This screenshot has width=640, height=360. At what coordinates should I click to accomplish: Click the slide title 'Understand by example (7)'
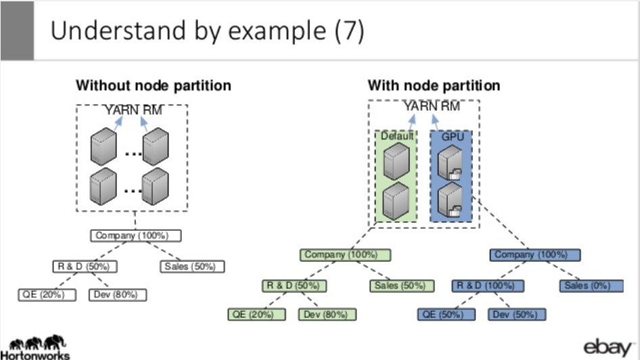click(x=208, y=32)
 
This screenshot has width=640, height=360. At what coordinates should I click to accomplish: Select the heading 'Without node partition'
click(x=153, y=86)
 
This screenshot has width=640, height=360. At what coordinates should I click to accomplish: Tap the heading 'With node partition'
click(x=434, y=86)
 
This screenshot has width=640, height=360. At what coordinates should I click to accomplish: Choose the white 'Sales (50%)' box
click(x=192, y=267)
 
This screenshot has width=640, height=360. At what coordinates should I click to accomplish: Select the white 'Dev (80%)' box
click(x=118, y=294)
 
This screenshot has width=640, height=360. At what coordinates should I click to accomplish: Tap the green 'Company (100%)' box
click(x=348, y=255)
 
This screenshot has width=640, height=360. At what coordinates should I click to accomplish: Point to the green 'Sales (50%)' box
click(x=399, y=286)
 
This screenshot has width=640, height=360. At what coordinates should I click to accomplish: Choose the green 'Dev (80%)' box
click(x=327, y=315)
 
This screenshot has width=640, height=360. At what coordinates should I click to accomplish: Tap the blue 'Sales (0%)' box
click(x=587, y=286)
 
